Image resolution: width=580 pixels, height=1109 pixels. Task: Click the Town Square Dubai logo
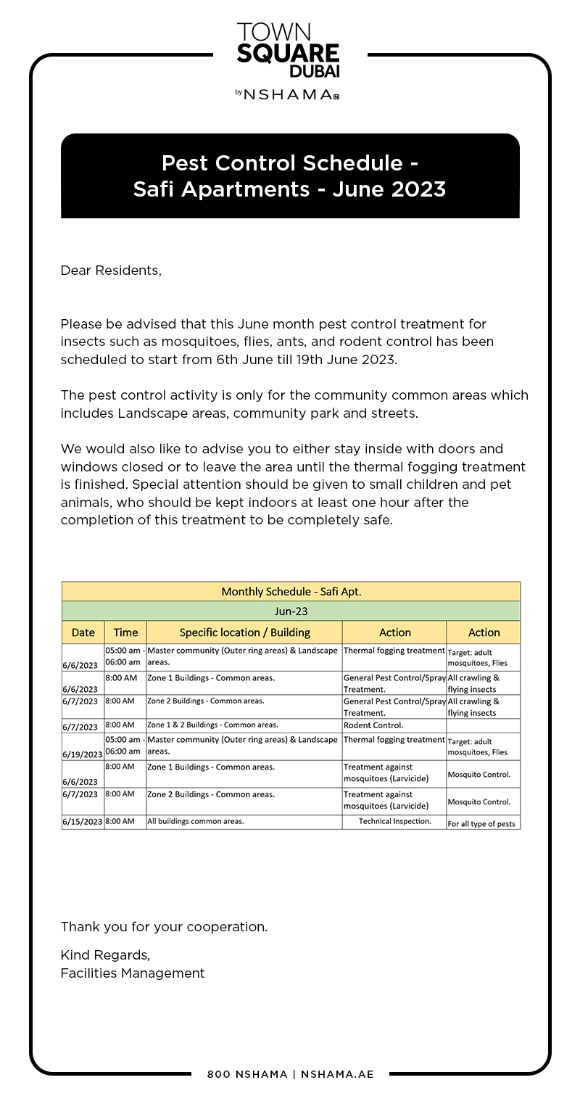point(288,49)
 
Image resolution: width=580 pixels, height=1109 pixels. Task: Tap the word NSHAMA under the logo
point(291,94)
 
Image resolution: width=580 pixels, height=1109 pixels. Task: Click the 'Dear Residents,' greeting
point(111,271)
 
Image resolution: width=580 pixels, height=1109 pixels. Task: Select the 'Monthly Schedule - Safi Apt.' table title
point(291,591)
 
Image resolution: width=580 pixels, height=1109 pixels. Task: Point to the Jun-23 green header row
point(291,611)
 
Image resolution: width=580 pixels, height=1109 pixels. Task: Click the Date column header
point(83,632)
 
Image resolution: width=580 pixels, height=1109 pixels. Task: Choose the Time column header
point(125,632)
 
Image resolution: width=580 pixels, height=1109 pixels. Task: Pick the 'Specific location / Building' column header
point(244,632)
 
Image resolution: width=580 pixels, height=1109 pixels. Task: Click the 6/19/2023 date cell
point(83,754)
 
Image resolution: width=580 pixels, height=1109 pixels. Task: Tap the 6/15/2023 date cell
point(83,822)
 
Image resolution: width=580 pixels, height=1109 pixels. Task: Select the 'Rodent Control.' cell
point(373,725)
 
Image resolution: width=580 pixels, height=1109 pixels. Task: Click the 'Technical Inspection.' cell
point(395,822)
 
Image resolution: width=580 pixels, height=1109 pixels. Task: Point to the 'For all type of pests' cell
point(482,824)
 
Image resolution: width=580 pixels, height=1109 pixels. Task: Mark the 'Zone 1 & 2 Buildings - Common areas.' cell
point(212,725)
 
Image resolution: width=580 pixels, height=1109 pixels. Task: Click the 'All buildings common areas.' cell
point(196,822)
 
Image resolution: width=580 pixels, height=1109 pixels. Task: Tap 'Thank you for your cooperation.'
point(164,926)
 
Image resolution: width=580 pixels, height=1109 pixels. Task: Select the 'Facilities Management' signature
point(133,973)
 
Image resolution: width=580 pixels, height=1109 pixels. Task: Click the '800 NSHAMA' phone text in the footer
point(247,1074)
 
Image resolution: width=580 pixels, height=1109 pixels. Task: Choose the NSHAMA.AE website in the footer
point(337,1074)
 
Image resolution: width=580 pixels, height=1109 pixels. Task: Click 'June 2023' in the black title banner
point(389,189)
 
